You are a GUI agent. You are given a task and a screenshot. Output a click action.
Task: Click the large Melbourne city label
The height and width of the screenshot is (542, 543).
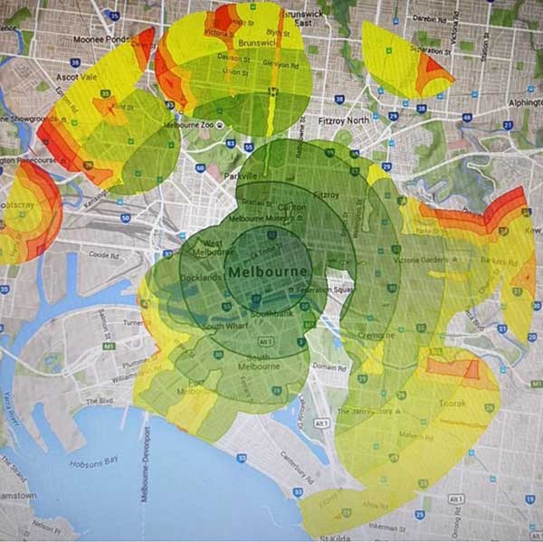(x=270, y=271)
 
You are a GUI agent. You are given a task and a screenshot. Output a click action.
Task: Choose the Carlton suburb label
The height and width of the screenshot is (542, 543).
(x=288, y=207)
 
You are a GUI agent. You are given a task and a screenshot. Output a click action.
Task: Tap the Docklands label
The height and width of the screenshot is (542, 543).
(x=203, y=277)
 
